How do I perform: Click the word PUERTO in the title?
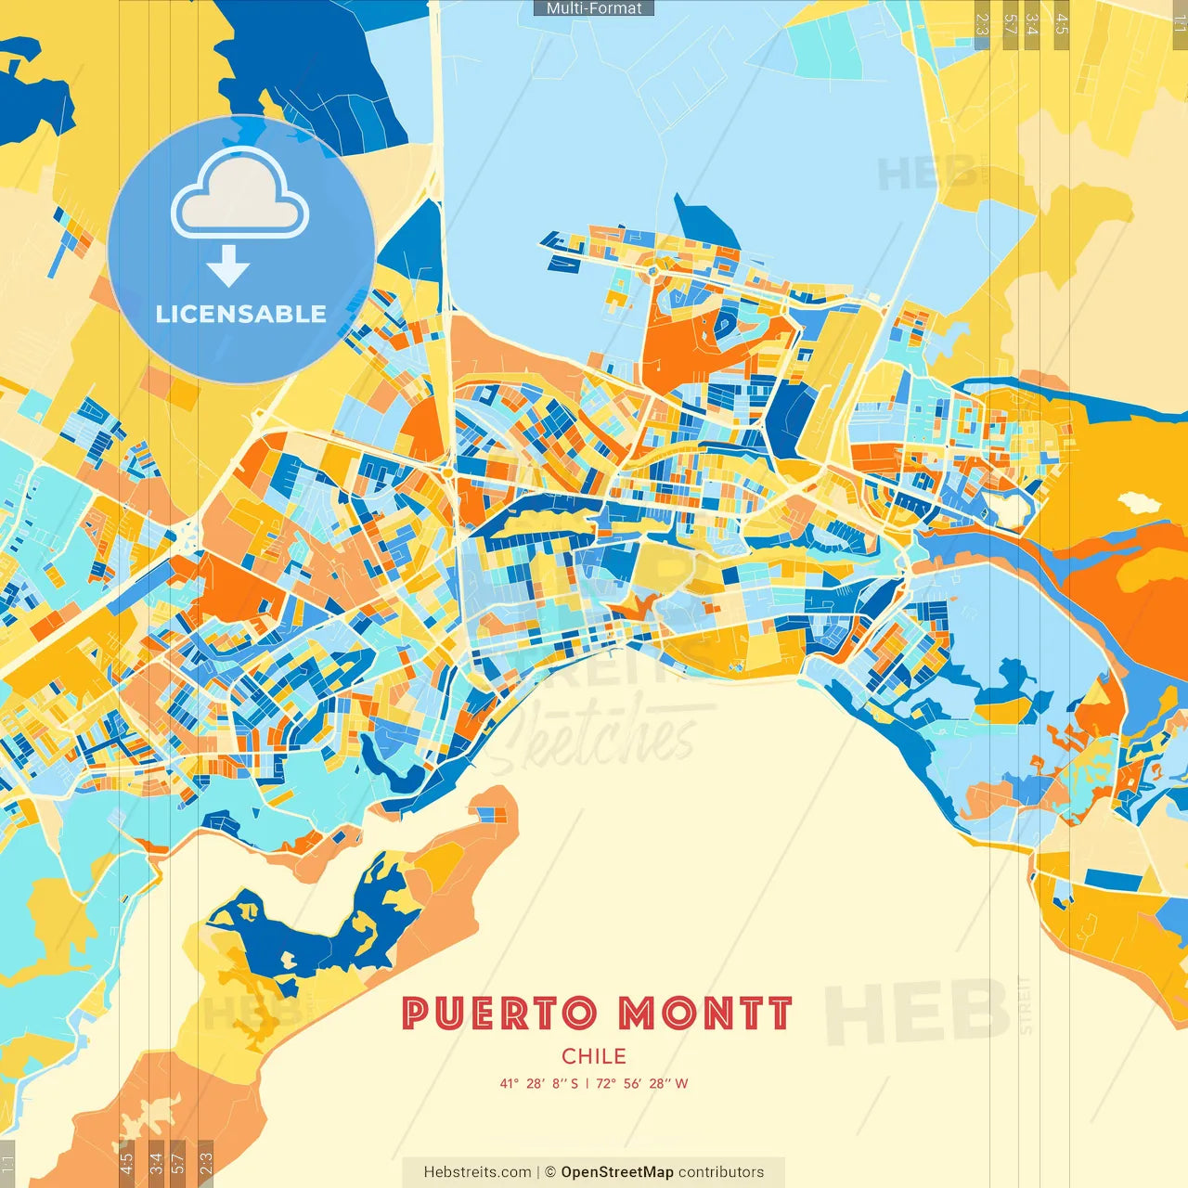coord(499,1014)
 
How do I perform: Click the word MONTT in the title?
coord(705,1014)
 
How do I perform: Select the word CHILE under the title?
coord(594,1056)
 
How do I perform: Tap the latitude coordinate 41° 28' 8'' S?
coord(539,1083)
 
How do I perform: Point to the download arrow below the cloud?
coord(228,266)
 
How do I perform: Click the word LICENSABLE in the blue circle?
coord(241,314)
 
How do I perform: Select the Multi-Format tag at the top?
coord(594,8)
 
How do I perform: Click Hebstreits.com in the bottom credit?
coord(477,1172)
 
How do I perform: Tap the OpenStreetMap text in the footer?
coord(617,1172)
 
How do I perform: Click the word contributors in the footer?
coord(721,1172)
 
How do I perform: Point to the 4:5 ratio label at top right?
coord(1062,24)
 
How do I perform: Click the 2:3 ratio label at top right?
coord(982,24)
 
